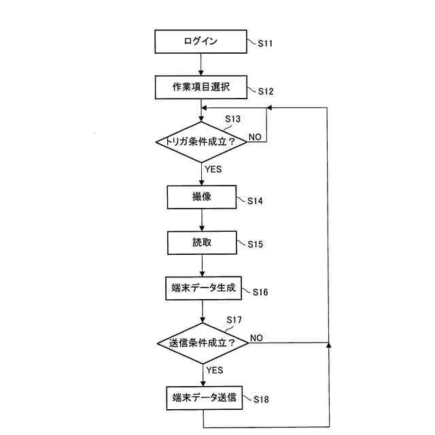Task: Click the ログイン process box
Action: pyautogui.click(x=201, y=41)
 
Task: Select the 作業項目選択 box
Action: pyautogui.click(x=201, y=87)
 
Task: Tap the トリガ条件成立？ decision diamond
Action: pyautogui.click(x=201, y=142)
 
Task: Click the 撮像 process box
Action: pyautogui.click(x=201, y=197)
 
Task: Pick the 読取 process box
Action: pyautogui.click(x=201, y=242)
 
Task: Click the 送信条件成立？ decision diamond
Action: pyautogui.click(x=203, y=343)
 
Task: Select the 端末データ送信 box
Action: pyautogui.click(x=203, y=398)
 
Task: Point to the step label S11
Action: pyautogui.click(x=265, y=43)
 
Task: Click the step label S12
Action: pyautogui.click(x=265, y=90)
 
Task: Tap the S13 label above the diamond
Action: pyautogui.click(x=232, y=119)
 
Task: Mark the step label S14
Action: pyautogui.click(x=255, y=201)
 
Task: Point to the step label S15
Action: pyautogui.click(x=255, y=244)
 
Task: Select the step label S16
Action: pyautogui.click(x=260, y=292)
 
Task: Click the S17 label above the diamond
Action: pyautogui.click(x=234, y=319)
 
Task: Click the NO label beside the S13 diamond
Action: pyautogui.click(x=255, y=137)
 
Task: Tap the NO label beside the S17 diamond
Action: pyautogui.click(x=257, y=337)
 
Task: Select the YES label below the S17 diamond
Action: pyautogui.click(x=215, y=370)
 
